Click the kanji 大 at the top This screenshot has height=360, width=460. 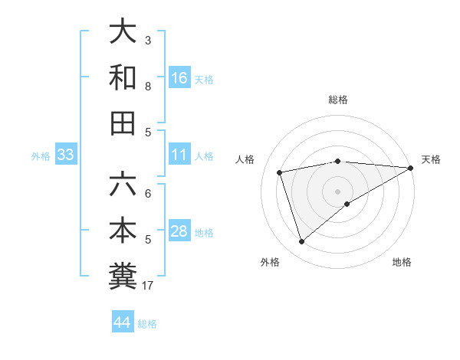pyautogui.click(x=123, y=31)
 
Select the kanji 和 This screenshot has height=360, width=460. pyautogui.click(x=123, y=78)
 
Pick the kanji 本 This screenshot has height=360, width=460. pyautogui.click(x=123, y=231)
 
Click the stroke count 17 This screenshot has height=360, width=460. pyautogui.click(x=149, y=286)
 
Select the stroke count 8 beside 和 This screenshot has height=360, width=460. pyautogui.click(x=149, y=87)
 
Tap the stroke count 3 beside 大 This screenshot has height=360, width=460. pyautogui.click(x=149, y=40)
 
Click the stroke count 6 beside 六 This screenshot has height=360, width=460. pyautogui.click(x=149, y=193)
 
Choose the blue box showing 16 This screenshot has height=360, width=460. pyautogui.click(x=179, y=78)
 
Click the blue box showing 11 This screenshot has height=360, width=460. pyautogui.click(x=179, y=155)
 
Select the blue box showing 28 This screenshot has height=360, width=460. pyautogui.click(x=179, y=232)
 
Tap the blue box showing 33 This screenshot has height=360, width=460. pyautogui.click(x=66, y=155)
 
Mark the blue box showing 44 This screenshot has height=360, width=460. pyautogui.click(x=122, y=322)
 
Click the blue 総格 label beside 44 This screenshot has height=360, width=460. pyautogui.click(x=147, y=324)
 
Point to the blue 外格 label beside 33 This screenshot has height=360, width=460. pyautogui.click(x=41, y=156)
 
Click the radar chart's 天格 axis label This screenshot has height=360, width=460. pyautogui.click(x=431, y=159)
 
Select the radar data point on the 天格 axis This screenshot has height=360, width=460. pyautogui.click(x=411, y=168)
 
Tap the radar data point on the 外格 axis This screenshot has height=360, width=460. pyautogui.click(x=301, y=242)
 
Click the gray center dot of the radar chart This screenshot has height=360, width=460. pyautogui.click(x=337, y=190)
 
